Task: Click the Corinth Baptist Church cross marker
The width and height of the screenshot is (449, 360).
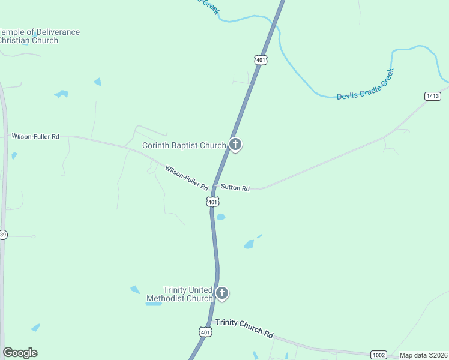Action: [x=235, y=145]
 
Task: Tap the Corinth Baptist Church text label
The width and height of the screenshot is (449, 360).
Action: [x=184, y=145]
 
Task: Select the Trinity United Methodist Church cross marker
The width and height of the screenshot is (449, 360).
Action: [x=221, y=293]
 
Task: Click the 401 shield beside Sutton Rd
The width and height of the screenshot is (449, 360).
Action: [x=212, y=202]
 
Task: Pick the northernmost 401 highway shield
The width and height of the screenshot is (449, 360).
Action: [x=261, y=60]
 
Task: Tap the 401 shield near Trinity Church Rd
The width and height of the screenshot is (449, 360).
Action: [x=206, y=332]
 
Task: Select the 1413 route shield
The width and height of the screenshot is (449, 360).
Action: [x=432, y=96]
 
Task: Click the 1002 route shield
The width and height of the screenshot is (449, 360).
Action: [x=378, y=355]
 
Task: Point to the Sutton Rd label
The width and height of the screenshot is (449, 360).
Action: [x=235, y=188]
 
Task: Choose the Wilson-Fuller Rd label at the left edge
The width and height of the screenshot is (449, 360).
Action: [x=35, y=136]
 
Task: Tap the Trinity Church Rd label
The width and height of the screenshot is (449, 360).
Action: [x=245, y=328]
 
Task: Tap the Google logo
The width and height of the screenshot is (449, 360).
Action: [x=20, y=353]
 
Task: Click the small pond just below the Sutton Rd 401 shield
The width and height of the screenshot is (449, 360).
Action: [x=220, y=217]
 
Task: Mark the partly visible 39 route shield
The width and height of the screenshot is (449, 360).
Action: [x=3, y=235]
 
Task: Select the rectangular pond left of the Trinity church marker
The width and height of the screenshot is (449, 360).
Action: [x=154, y=304]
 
